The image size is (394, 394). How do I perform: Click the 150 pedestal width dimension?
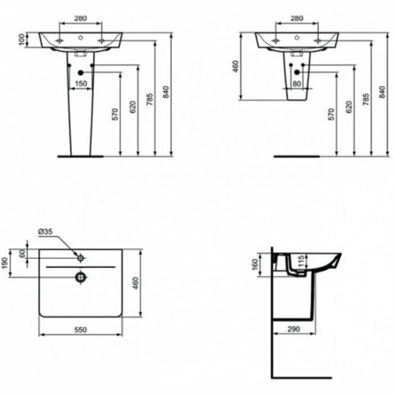click(81, 83)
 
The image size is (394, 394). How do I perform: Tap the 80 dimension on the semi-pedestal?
click(297, 83)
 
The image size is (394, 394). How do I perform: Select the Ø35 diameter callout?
click(46, 231)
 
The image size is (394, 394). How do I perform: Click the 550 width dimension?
click(80, 329)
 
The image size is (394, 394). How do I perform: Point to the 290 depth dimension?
click(294, 329)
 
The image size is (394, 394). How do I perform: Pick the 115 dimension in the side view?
click(301, 261)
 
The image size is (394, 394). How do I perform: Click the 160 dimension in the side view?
click(255, 265)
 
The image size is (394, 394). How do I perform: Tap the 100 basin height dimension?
click(22, 39)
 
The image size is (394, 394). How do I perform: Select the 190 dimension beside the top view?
click(5, 263)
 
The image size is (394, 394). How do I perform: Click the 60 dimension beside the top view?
click(23, 253)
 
